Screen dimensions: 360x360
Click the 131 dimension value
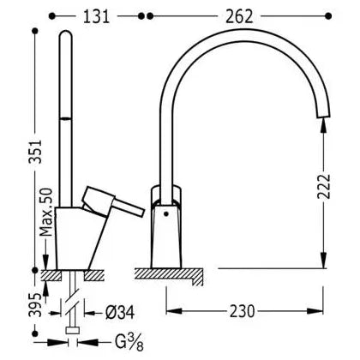96,16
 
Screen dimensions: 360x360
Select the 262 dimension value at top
239,16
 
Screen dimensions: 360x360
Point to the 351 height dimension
35,152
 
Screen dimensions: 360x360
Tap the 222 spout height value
324,186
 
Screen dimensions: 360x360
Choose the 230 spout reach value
243,311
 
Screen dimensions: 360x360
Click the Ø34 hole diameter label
120,312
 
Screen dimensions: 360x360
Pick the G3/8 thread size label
129,342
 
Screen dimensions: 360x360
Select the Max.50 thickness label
46,213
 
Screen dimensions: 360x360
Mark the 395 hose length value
35,304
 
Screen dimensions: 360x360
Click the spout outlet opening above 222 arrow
323,116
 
